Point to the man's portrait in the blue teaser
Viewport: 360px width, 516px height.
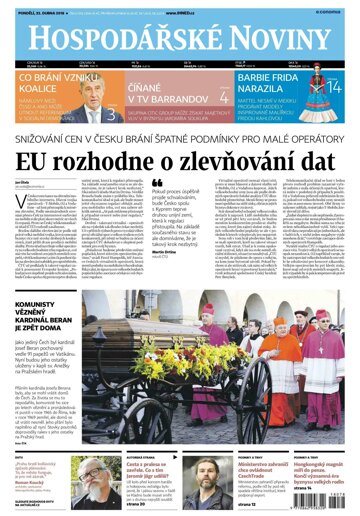tap(112, 98)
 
